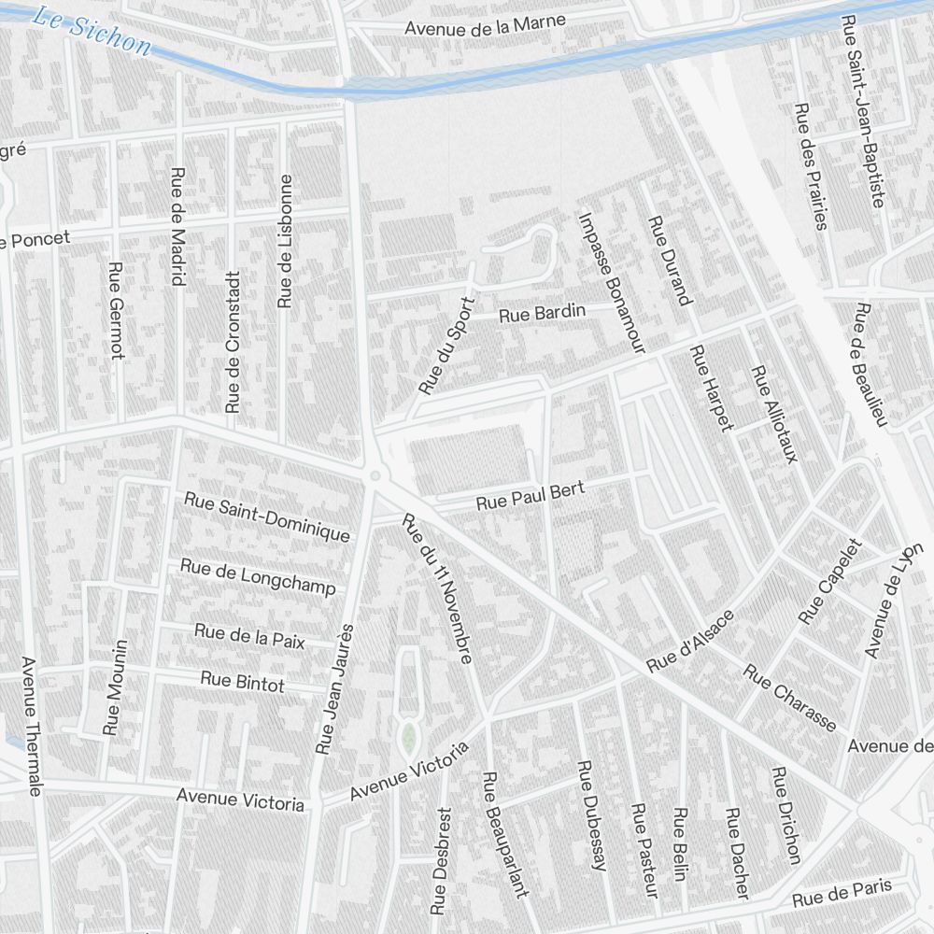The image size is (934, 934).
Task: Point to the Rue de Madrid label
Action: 177,226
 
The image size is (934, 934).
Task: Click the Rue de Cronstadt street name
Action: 233,342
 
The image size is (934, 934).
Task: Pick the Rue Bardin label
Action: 542,313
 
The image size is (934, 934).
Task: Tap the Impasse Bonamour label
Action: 612,283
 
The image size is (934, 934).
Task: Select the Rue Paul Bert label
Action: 531,496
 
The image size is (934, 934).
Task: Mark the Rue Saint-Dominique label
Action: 267,517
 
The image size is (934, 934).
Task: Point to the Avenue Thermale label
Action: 30,727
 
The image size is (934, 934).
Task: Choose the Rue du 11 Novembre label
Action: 436,589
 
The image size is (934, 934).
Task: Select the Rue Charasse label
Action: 790,698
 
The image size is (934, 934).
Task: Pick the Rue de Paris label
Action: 842,893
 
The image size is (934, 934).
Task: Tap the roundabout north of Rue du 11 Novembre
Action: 375,475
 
